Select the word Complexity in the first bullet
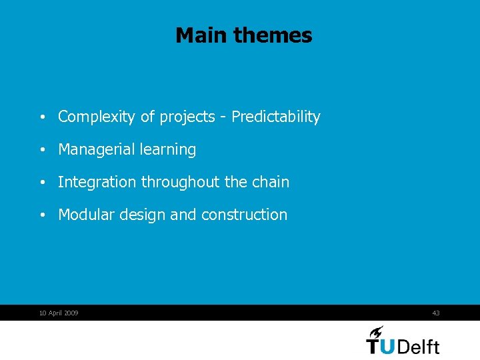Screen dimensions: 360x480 [97, 117]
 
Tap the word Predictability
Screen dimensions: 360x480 [276, 117]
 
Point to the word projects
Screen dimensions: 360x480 [184, 117]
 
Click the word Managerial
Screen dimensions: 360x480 [97, 150]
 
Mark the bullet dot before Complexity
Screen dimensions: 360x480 [42, 118]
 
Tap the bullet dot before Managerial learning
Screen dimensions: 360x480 [42, 151]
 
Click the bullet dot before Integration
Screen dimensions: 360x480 [42, 183]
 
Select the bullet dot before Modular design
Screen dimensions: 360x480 [42, 215]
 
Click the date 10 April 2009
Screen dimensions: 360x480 [59, 313]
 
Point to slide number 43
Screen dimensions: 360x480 [436, 313]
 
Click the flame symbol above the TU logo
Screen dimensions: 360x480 [376, 332]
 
